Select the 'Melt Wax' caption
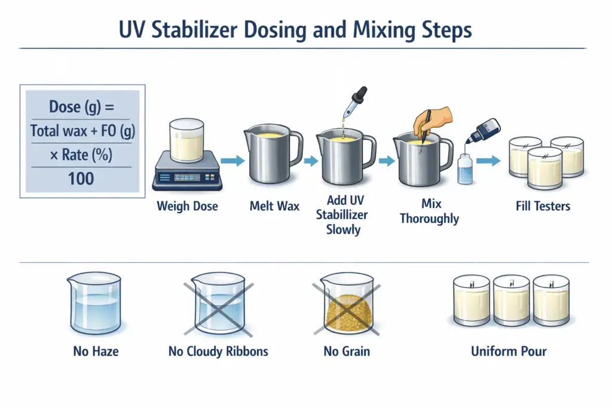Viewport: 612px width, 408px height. [274, 207]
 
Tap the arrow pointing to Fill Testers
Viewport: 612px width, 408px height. [488, 161]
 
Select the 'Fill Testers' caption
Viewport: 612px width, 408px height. [543, 207]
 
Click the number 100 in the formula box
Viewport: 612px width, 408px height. [81, 177]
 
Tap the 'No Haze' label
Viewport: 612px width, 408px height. [96, 351]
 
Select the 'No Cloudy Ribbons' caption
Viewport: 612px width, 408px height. [218, 351]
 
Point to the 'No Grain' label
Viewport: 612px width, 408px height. [347, 351]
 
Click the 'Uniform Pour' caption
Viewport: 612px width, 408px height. [509, 351]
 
